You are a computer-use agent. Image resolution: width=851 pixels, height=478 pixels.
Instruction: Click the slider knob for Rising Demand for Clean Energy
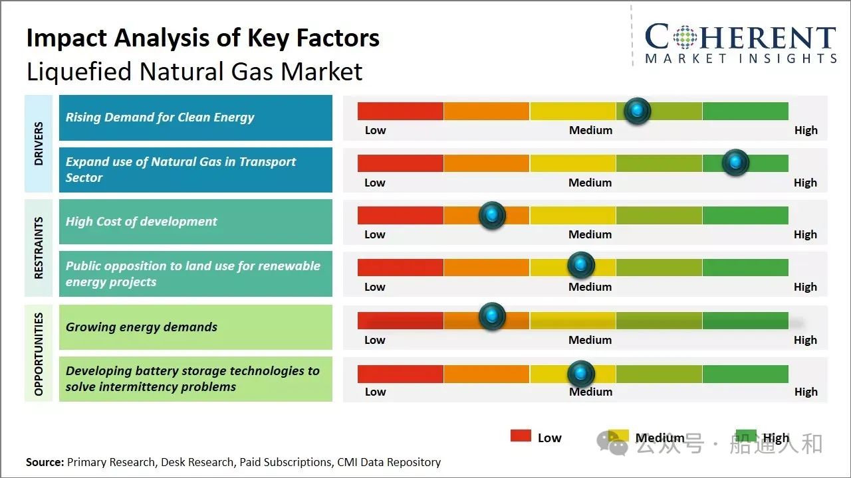click(x=638, y=111)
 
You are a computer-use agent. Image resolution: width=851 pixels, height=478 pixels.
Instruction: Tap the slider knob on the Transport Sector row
click(x=735, y=163)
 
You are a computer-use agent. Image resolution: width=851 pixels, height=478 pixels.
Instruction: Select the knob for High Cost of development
click(x=492, y=215)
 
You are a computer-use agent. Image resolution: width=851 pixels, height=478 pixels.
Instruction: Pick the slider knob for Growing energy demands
click(x=492, y=316)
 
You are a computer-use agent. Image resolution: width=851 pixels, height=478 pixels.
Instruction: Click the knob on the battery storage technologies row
click(x=581, y=374)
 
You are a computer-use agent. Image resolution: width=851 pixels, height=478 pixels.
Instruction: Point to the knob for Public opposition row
click(x=581, y=266)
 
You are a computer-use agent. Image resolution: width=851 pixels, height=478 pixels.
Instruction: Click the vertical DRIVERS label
click(x=39, y=143)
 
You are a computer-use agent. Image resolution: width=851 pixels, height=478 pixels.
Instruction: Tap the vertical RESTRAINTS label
click(x=39, y=248)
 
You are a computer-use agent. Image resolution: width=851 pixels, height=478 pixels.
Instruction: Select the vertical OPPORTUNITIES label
click(x=39, y=353)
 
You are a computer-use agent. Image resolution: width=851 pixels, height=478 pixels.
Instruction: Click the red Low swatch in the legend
click(x=521, y=436)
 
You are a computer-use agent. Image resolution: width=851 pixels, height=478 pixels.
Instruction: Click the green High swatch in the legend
click(x=746, y=436)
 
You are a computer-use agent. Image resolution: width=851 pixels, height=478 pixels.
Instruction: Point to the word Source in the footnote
click(x=45, y=462)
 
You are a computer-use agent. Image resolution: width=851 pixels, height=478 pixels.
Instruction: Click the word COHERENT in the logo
click(x=740, y=37)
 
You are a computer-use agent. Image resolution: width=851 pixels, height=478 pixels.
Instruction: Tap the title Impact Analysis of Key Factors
click(x=203, y=38)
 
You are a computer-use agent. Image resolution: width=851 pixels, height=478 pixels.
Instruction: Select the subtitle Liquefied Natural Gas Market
click(x=194, y=72)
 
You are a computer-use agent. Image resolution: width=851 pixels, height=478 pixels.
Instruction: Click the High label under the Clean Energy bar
click(x=806, y=130)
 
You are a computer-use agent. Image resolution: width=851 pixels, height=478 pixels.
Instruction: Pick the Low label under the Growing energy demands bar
click(x=375, y=340)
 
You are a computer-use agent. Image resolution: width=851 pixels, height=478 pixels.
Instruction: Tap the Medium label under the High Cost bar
click(x=590, y=234)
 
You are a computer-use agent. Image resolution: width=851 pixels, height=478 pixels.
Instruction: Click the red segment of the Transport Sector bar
click(x=400, y=163)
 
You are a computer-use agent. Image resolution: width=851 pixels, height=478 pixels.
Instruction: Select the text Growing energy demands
click(x=142, y=327)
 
